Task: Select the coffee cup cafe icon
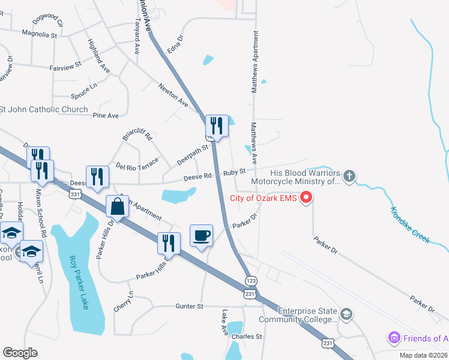(201, 235)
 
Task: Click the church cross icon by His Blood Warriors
(349, 176)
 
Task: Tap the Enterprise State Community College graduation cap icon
(346, 314)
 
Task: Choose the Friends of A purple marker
(394, 338)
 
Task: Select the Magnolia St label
(40, 35)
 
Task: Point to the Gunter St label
(190, 306)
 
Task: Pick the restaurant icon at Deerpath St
(217, 126)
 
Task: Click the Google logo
(20, 353)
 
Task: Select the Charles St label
(247, 337)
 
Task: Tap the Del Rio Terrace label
(137, 165)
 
